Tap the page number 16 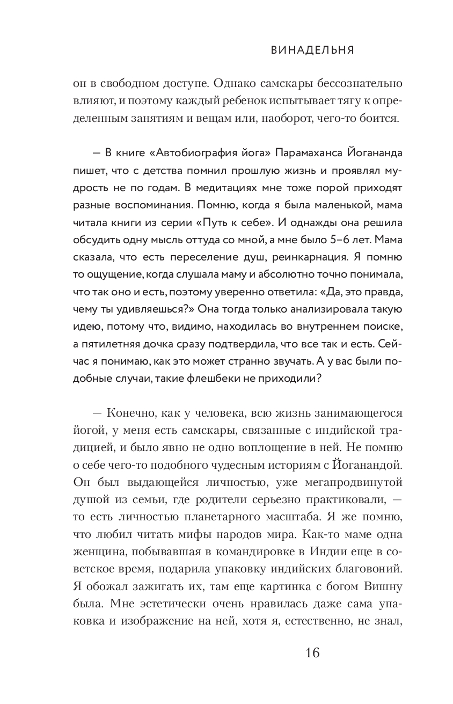point(312,653)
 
